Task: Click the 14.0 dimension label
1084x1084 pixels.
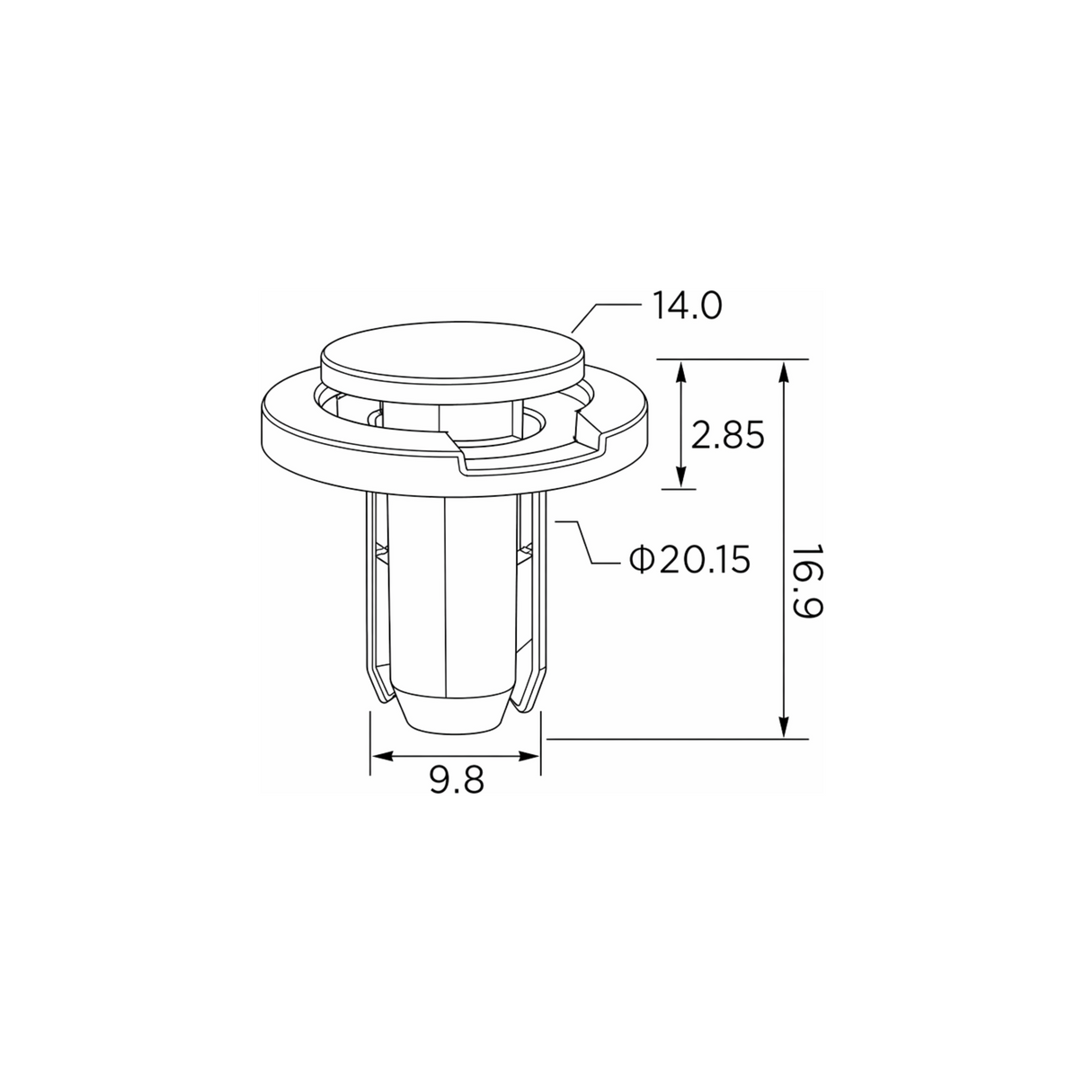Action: pyautogui.click(x=687, y=307)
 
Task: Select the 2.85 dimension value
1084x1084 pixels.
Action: pyautogui.click(x=727, y=434)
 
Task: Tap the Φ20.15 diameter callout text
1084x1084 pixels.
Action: pyautogui.click(x=689, y=560)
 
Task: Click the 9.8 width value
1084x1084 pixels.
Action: pyautogui.click(x=457, y=780)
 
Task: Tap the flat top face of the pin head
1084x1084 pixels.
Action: pyautogui.click(x=452, y=353)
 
